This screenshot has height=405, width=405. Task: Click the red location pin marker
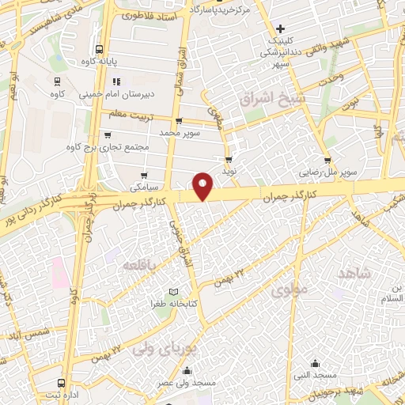[203, 185]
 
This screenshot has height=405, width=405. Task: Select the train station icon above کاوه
[58, 81]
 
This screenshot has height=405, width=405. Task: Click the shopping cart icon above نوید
[229, 160]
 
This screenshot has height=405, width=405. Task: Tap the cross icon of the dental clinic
[280, 28]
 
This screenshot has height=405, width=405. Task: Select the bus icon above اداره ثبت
[61, 382]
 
